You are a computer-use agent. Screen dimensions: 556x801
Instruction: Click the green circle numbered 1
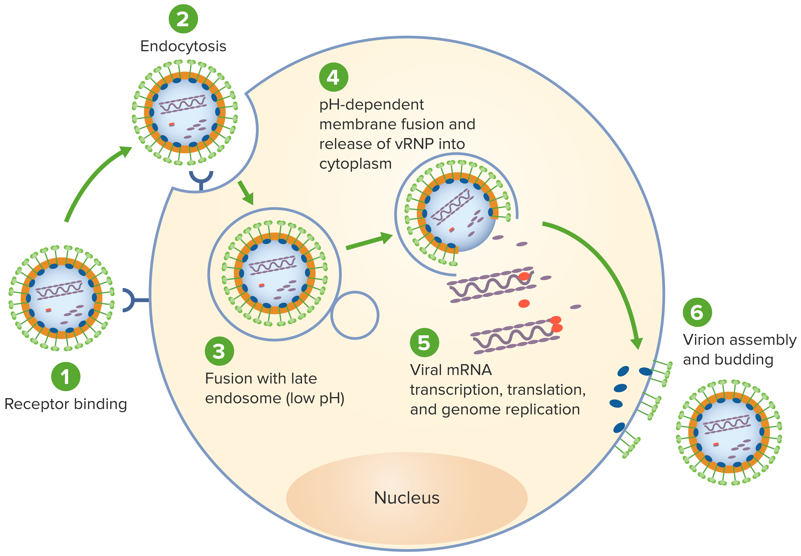coord(66,377)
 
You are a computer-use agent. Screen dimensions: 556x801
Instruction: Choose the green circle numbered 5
coord(424,342)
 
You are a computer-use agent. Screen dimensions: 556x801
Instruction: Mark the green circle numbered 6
coord(697,312)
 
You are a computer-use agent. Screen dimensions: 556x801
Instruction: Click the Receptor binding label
coord(66,404)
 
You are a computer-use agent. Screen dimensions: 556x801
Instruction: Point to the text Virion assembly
coord(739,340)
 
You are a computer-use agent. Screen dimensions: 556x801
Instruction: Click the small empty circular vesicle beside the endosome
coord(354,315)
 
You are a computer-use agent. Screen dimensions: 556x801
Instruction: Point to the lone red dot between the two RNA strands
coord(524,303)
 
